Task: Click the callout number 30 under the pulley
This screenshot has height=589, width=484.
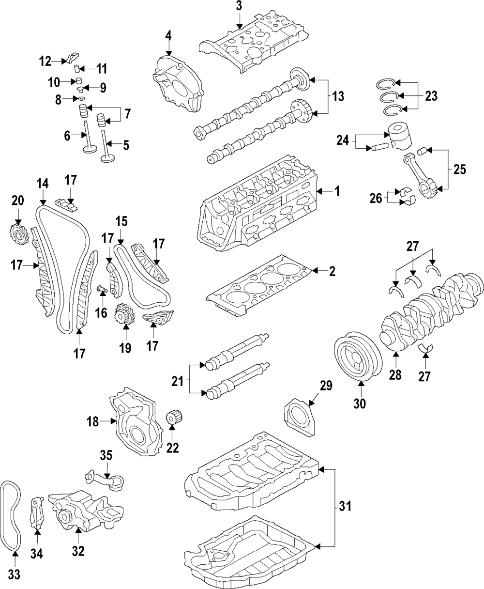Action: (x=361, y=402)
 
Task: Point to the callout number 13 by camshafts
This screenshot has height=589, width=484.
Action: (x=338, y=96)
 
